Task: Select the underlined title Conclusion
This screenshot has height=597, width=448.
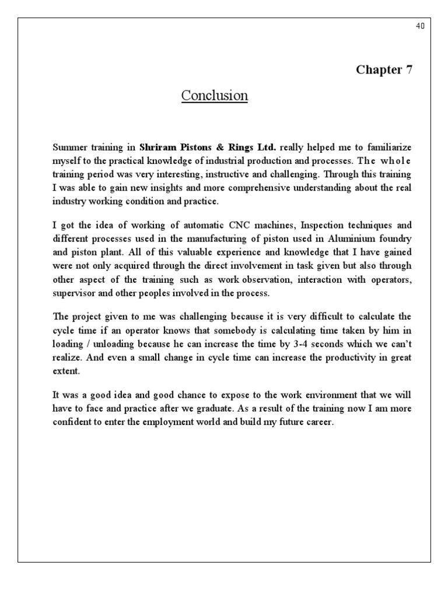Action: pyautogui.click(x=214, y=95)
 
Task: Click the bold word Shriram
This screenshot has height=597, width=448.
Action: pyautogui.click(x=158, y=147)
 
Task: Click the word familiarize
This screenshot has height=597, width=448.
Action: pyautogui.click(x=388, y=147)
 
